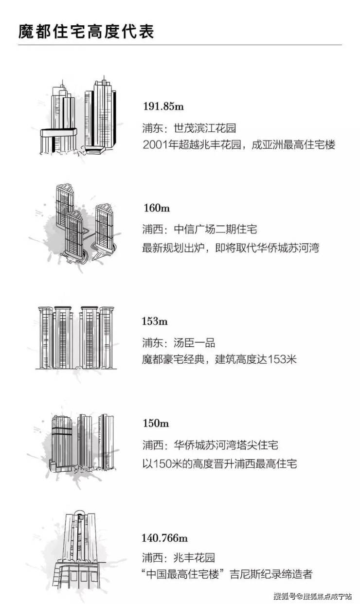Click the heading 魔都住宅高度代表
(x=86, y=32)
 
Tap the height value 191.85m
(x=163, y=107)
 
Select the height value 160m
(x=156, y=208)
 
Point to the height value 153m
(x=155, y=321)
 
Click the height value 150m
(x=156, y=423)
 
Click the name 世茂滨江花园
(x=205, y=128)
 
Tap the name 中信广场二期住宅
(x=216, y=230)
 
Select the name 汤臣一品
(x=194, y=343)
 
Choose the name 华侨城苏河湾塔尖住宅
(x=226, y=445)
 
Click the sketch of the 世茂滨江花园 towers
(x=78, y=116)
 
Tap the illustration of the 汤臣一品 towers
(x=76, y=338)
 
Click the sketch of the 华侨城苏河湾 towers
(x=82, y=442)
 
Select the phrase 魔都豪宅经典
(x=173, y=360)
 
